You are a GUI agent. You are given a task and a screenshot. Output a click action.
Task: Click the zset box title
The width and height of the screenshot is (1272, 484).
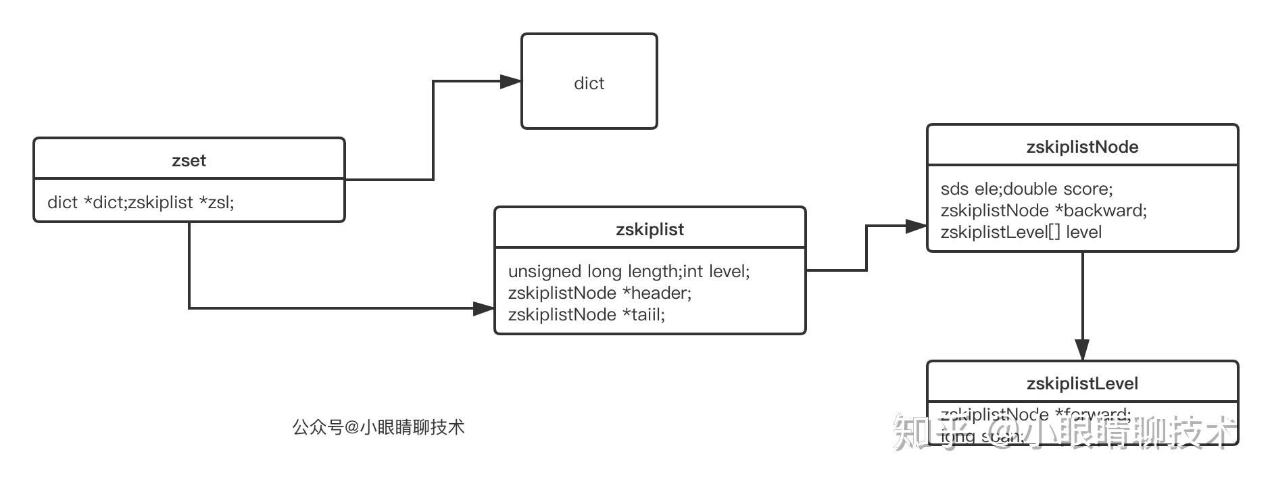click(189, 160)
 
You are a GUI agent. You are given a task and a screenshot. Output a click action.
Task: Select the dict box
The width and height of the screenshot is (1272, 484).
click(589, 82)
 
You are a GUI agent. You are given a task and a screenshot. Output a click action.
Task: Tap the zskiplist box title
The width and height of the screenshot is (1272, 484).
click(650, 229)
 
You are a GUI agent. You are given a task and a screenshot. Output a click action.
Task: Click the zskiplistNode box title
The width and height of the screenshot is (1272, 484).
click(1082, 147)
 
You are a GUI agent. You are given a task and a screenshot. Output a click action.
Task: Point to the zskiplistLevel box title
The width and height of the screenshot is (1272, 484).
click(1082, 383)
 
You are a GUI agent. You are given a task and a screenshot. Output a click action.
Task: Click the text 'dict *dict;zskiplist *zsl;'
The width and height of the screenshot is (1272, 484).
click(141, 202)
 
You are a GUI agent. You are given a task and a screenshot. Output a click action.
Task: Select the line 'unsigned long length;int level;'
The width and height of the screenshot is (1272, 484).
click(629, 271)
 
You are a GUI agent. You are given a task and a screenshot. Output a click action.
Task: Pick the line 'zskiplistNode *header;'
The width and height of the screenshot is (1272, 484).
click(600, 293)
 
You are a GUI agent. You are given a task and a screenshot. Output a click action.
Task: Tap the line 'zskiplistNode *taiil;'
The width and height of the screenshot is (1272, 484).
click(586, 314)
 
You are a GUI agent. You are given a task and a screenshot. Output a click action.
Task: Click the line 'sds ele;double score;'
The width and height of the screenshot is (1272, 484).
click(1026, 189)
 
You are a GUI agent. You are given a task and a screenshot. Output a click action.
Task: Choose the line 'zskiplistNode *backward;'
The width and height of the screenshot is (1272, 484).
click(1044, 210)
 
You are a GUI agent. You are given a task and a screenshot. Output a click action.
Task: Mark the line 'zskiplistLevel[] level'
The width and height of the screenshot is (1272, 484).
click(1021, 232)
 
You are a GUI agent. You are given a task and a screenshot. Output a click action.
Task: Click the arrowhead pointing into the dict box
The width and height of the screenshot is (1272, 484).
click(511, 82)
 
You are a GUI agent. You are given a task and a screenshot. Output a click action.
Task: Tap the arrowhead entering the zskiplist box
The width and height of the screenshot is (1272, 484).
click(484, 309)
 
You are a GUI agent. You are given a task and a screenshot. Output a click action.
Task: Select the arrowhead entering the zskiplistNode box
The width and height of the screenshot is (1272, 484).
click(916, 226)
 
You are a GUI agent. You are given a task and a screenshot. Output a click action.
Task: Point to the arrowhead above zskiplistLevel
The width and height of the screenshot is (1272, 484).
click(1082, 350)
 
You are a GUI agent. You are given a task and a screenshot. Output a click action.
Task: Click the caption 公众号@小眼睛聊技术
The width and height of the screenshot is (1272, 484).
click(378, 427)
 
